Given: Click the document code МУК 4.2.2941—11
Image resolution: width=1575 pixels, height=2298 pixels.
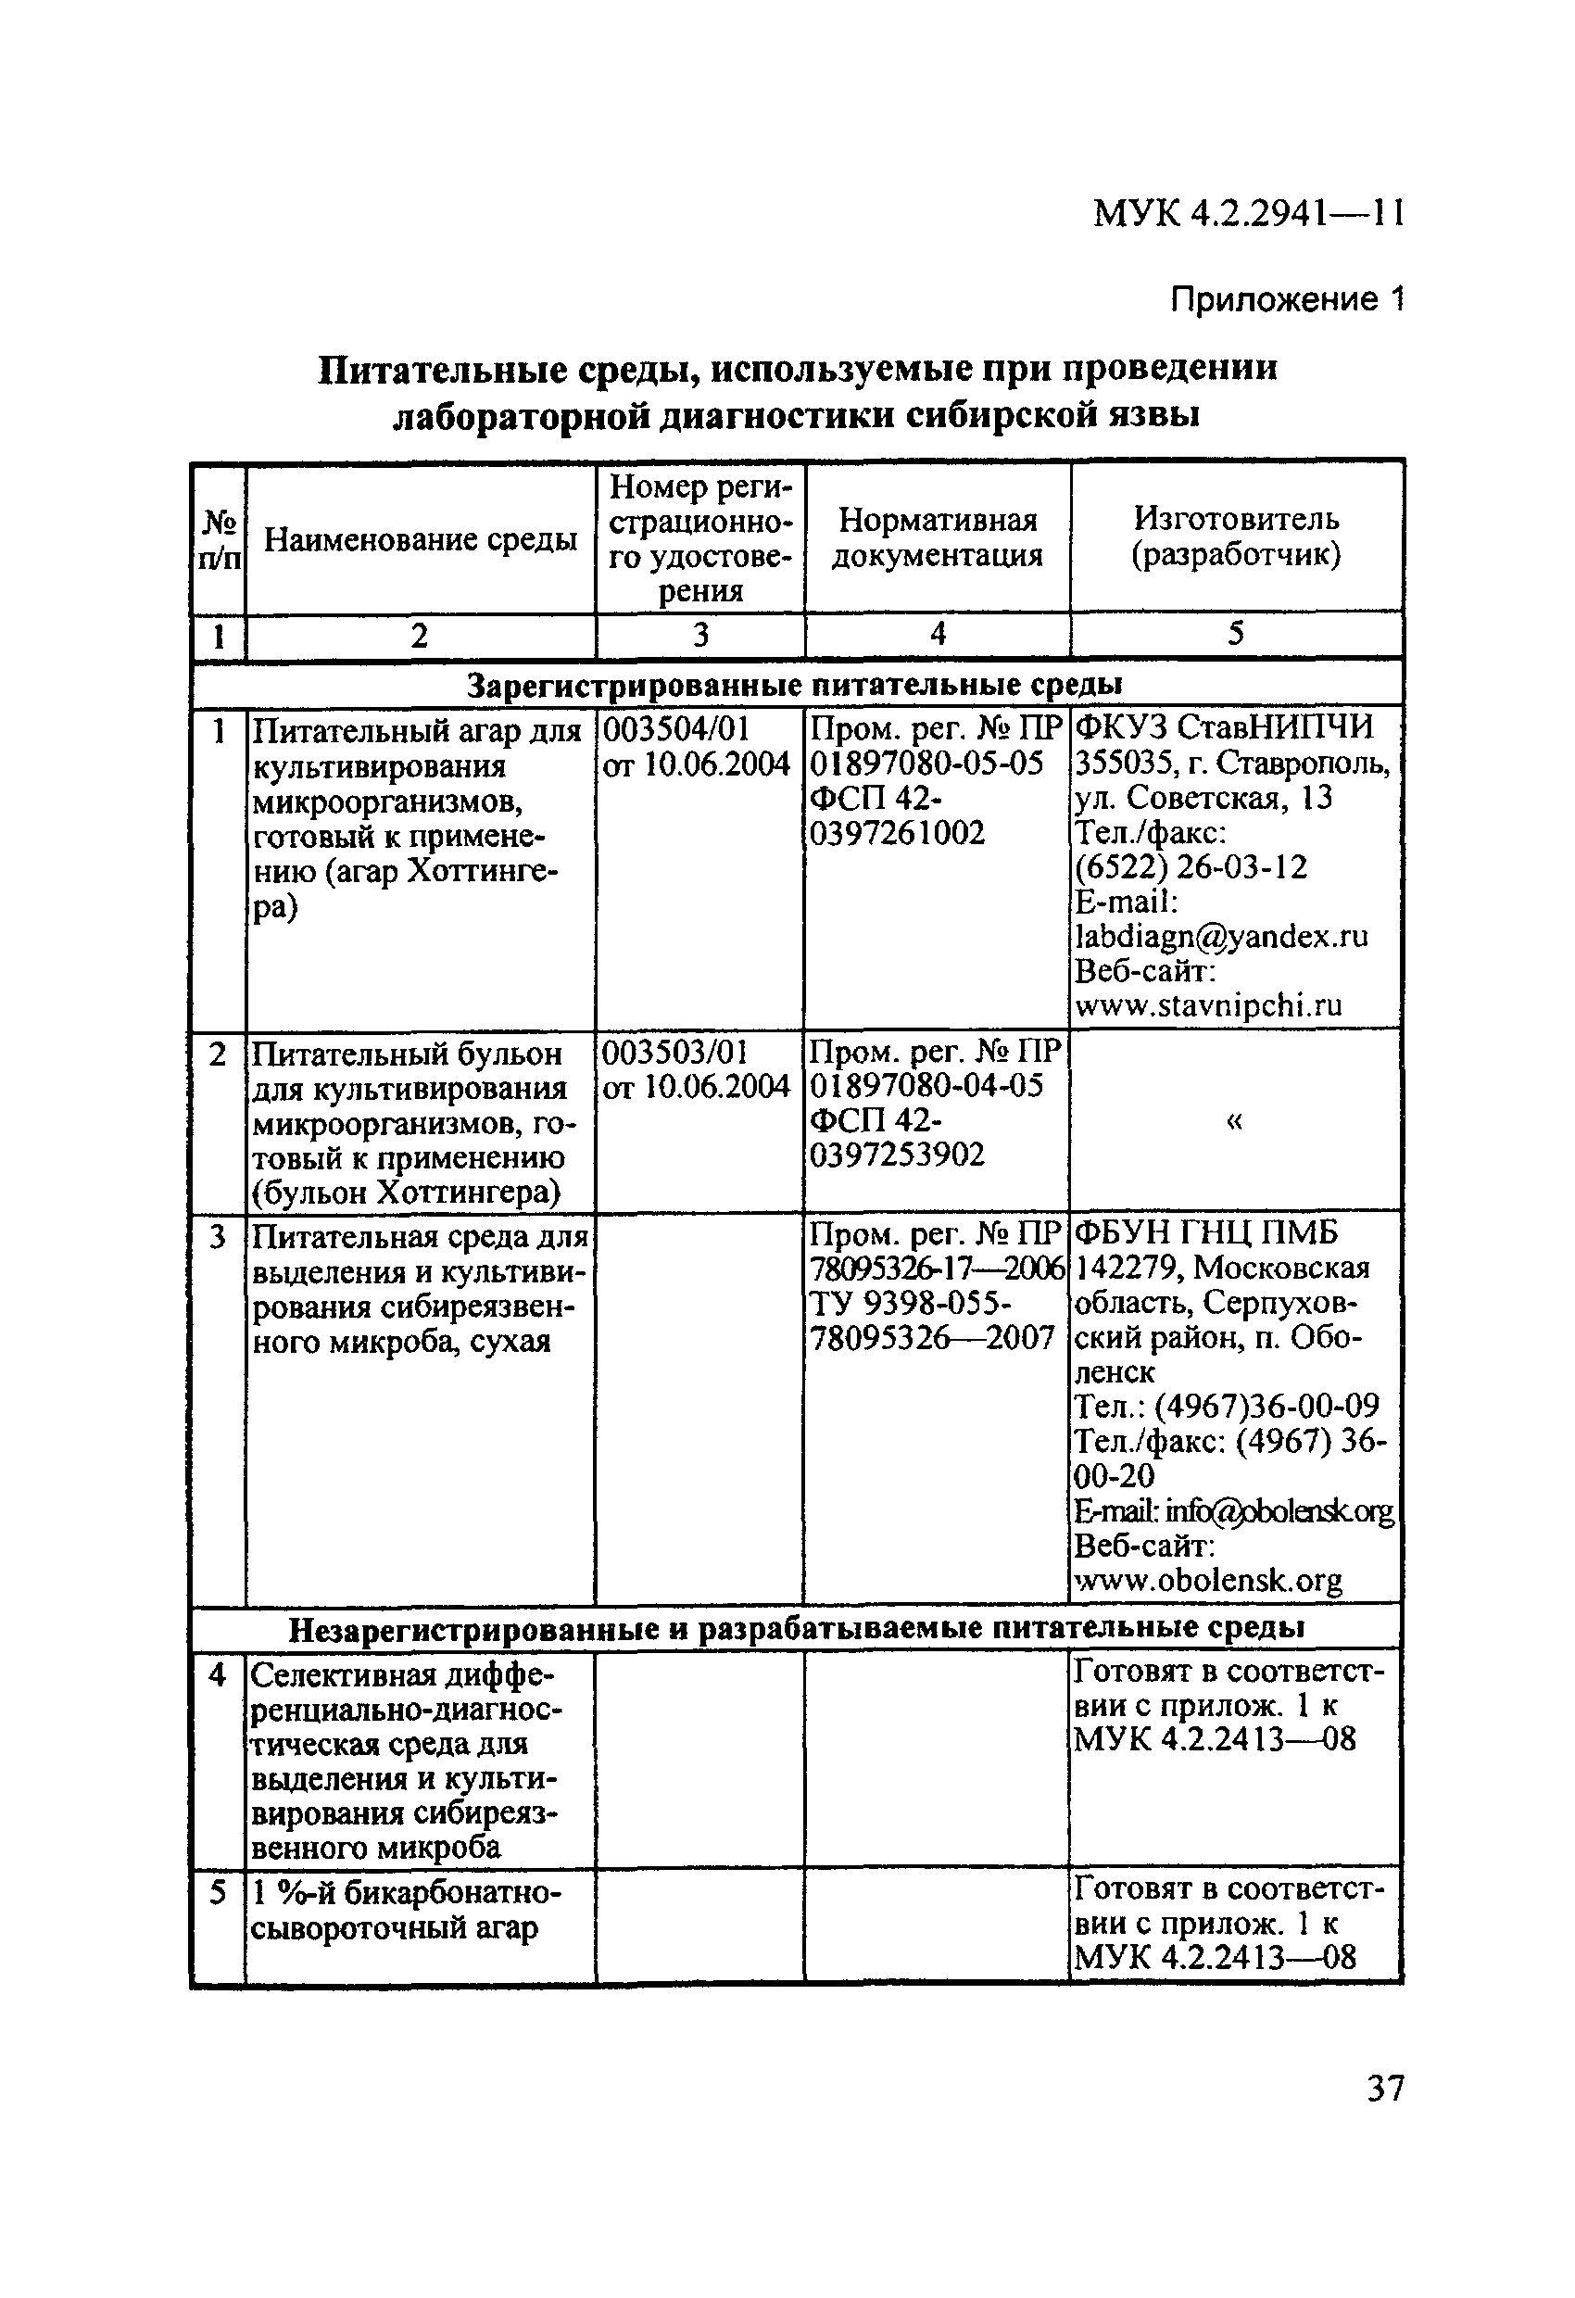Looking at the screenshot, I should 1248,213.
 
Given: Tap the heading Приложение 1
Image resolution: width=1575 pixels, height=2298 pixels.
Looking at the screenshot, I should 1286,297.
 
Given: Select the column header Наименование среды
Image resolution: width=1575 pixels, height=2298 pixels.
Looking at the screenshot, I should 421,540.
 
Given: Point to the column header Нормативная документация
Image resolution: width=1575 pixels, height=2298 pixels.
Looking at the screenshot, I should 937,538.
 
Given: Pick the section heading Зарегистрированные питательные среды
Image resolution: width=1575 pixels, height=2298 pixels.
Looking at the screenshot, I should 795,684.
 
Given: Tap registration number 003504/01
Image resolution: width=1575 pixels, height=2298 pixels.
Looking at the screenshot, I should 676,730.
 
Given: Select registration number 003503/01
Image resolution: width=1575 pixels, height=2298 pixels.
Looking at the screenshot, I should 676,1052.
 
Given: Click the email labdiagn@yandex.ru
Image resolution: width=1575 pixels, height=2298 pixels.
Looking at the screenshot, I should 1222,937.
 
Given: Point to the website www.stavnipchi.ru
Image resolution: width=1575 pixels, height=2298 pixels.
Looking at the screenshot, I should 1208,1006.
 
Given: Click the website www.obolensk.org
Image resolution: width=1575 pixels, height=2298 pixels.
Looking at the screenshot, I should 1208,1581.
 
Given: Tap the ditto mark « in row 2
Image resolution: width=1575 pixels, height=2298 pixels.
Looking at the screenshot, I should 1234,1120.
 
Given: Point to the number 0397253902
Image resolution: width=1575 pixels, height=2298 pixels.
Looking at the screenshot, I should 898,1155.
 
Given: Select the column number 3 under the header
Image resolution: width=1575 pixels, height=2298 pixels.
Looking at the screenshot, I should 700,635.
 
